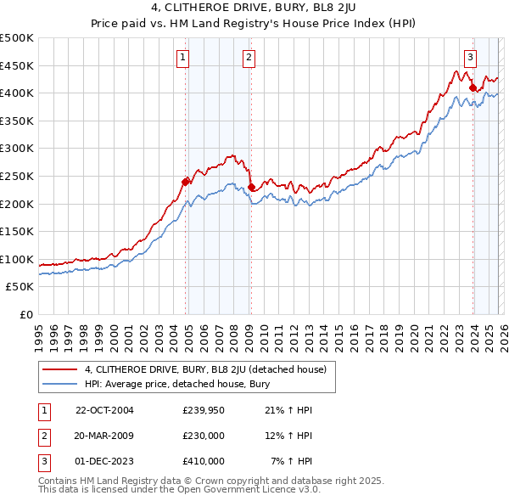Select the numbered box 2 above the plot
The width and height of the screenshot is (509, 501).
(249, 58)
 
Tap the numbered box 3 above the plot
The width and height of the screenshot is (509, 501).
(470, 58)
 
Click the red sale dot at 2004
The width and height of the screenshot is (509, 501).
(185, 181)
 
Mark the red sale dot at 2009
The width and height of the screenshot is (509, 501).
(251, 187)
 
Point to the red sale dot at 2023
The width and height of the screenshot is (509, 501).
(472, 87)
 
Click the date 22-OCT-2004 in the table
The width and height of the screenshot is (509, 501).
(104, 410)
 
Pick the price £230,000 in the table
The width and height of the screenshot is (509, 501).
(203, 436)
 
